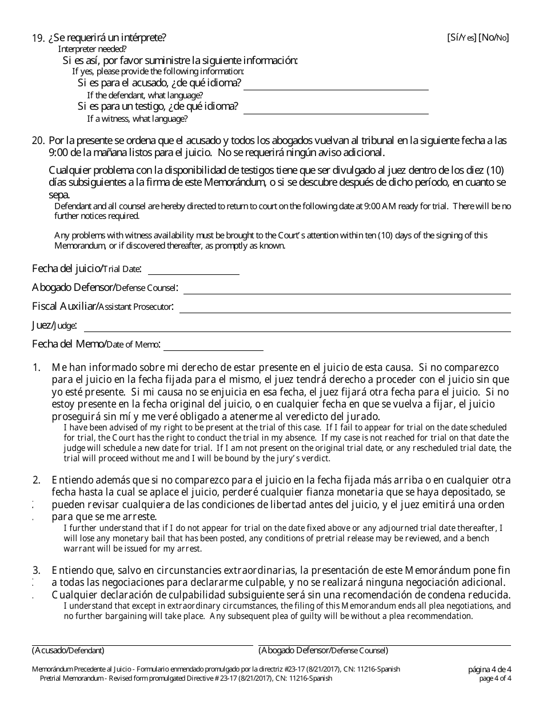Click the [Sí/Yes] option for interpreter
click(461, 38)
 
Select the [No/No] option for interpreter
click(494, 38)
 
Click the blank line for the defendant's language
click(336, 86)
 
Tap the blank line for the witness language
click(336, 109)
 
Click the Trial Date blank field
click(193, 271)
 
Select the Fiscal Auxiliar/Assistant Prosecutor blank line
click(345, 309)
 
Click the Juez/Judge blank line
click(297, 328)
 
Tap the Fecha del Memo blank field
click(213, 347)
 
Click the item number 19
click(38, 38)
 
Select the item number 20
click(38, 141)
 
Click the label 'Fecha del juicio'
click(67, 268)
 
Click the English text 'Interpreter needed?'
click(93, 49)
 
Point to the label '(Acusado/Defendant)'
click(68, 650)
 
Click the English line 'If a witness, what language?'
click(137, 119)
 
